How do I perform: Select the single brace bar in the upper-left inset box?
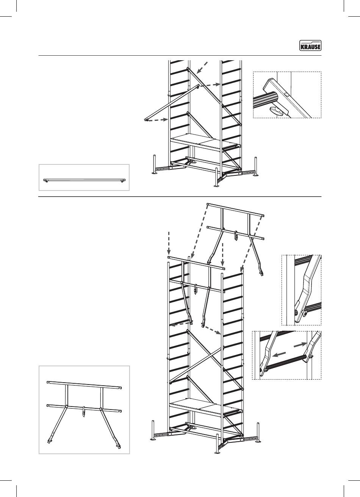coord(84,180)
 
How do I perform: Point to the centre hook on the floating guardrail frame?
coord(236,236)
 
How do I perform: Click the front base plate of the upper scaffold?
coord(216,185)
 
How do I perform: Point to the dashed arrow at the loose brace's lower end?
coord(157,120)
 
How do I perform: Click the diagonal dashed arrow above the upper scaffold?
coord(203,67)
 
